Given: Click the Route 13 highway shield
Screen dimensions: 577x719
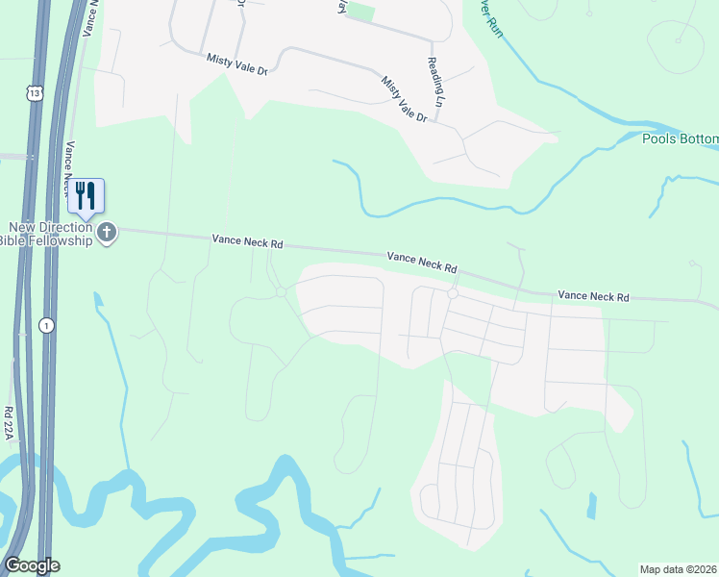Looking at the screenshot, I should click(x=35, y=92).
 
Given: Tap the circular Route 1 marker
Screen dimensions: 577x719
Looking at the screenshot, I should click(x=47, y=326).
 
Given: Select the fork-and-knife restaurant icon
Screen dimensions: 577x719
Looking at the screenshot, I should click(x=86, y=196).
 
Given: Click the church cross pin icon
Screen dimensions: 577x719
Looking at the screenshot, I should click(x=108, y=233).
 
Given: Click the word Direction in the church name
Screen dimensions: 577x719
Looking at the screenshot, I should click(x=69, y=227).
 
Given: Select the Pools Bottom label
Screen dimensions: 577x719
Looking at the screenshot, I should click(x=681, y=139).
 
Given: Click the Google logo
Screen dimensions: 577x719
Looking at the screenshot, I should click(x=32, y=565).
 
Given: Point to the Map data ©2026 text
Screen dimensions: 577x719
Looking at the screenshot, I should click(x=679, y=568).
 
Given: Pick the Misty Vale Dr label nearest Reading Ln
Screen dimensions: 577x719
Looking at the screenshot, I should click(x=404, y=99).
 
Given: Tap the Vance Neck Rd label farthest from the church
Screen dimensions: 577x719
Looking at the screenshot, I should click(x=593, y=296).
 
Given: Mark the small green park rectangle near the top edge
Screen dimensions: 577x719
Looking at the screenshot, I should click(x=359, y=11).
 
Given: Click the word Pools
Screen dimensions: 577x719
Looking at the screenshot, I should click(x=659, y=139).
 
